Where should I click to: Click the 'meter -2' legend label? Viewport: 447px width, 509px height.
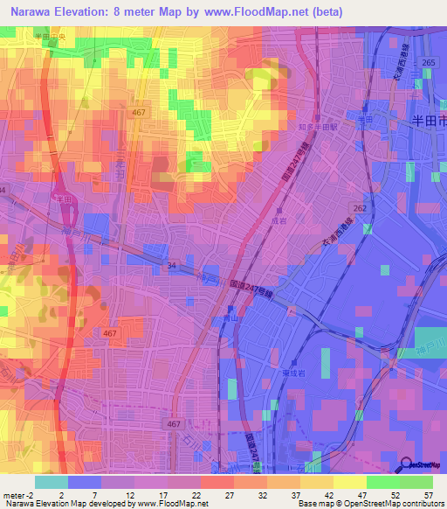[x=18, y=494]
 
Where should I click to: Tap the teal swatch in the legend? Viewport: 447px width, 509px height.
[x=52, y=482]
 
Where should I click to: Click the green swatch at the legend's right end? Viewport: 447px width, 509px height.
[x=416, y=482]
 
